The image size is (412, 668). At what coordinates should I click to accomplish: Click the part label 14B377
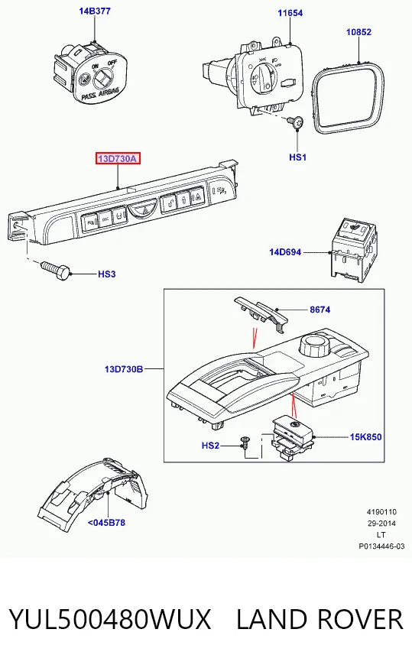pos(95,11)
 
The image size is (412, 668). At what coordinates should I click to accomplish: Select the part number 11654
pos(290,13)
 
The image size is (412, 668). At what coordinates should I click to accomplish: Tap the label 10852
pos(358,32)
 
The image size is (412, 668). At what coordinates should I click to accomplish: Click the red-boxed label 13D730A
pos(118,159)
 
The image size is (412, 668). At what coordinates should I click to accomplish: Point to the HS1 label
pos(298,157)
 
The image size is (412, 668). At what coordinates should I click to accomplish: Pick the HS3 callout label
pos(106,274)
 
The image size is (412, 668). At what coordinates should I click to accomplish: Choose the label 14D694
pos(285,252)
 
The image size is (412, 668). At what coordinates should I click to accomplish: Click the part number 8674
pos(320,310)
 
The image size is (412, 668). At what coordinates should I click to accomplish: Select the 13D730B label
pos(124,369)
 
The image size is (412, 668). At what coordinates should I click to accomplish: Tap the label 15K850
pos(365,437)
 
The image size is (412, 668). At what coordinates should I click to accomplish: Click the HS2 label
pos(210,446)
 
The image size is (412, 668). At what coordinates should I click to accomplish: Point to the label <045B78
pos(106,523)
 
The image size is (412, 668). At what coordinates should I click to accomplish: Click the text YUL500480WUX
pos(110,619)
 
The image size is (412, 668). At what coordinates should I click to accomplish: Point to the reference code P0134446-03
pos(381,546)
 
